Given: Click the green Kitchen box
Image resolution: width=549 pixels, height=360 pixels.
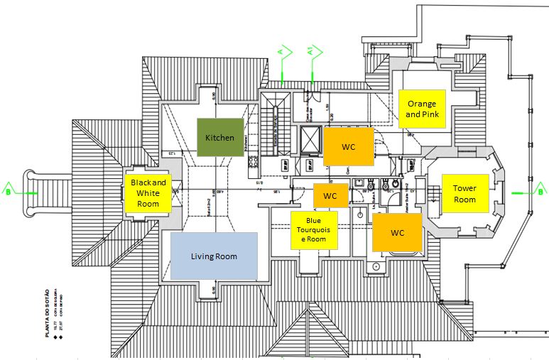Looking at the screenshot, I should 219,137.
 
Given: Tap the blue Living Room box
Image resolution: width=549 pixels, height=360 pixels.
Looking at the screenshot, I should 214,256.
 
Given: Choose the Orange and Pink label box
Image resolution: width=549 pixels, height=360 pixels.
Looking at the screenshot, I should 422,109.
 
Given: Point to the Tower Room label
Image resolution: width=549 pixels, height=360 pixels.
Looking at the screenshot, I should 464,193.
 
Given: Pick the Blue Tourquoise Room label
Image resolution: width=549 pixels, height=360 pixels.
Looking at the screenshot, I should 314,229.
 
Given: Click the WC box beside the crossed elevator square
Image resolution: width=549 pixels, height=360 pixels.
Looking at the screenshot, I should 348,147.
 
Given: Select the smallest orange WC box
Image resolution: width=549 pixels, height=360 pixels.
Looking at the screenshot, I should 330,195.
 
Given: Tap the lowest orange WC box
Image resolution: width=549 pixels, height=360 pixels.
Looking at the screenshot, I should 397,232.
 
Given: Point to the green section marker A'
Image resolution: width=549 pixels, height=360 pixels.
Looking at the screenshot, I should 312,54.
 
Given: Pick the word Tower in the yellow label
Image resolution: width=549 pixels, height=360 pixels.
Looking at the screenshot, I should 464,188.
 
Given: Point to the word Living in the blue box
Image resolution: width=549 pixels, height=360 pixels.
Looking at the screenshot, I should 202,256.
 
